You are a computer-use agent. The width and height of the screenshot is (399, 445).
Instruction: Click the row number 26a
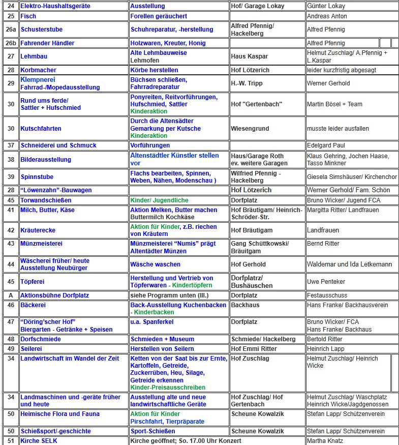coord(11,29)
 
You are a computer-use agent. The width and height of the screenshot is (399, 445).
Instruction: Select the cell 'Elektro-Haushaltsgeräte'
coord(55,6)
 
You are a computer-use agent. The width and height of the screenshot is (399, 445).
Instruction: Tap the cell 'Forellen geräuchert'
coord(159,16)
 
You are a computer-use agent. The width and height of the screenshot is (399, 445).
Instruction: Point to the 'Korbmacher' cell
coord(38,70)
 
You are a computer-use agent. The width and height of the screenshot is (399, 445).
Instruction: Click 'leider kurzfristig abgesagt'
coord(342,70)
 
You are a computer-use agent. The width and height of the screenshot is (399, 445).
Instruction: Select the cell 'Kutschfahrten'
coord(41,129)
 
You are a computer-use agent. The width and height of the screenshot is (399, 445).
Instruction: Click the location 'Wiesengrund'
coord(250,129)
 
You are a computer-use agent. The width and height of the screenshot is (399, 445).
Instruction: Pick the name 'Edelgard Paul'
coord(326,145)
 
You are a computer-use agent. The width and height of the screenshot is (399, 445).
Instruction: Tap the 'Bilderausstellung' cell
coord(46,160)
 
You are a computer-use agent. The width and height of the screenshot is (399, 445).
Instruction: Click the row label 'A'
coord(11,295)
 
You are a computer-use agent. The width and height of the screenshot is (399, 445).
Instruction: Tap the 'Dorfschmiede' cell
coord(41,339)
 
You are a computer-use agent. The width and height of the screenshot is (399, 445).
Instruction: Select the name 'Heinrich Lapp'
coord(326,349)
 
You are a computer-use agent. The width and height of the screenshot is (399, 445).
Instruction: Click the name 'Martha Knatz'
coord(325,441)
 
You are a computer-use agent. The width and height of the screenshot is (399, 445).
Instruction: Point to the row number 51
coord(11,441)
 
